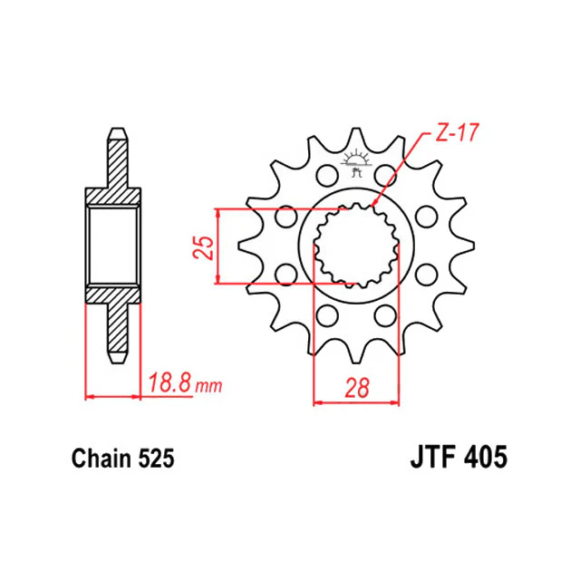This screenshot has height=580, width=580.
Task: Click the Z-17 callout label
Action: coord(457,133)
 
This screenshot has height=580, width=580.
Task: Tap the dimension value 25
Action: coord(204,247)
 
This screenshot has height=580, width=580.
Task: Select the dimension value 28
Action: coord(357,388)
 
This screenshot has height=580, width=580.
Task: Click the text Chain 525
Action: coord(123,459)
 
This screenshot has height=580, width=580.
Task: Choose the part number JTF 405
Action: coord(459,457)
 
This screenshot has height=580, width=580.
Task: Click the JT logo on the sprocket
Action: coord(356,163)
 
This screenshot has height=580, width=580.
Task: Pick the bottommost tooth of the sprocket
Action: coord(356,353)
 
